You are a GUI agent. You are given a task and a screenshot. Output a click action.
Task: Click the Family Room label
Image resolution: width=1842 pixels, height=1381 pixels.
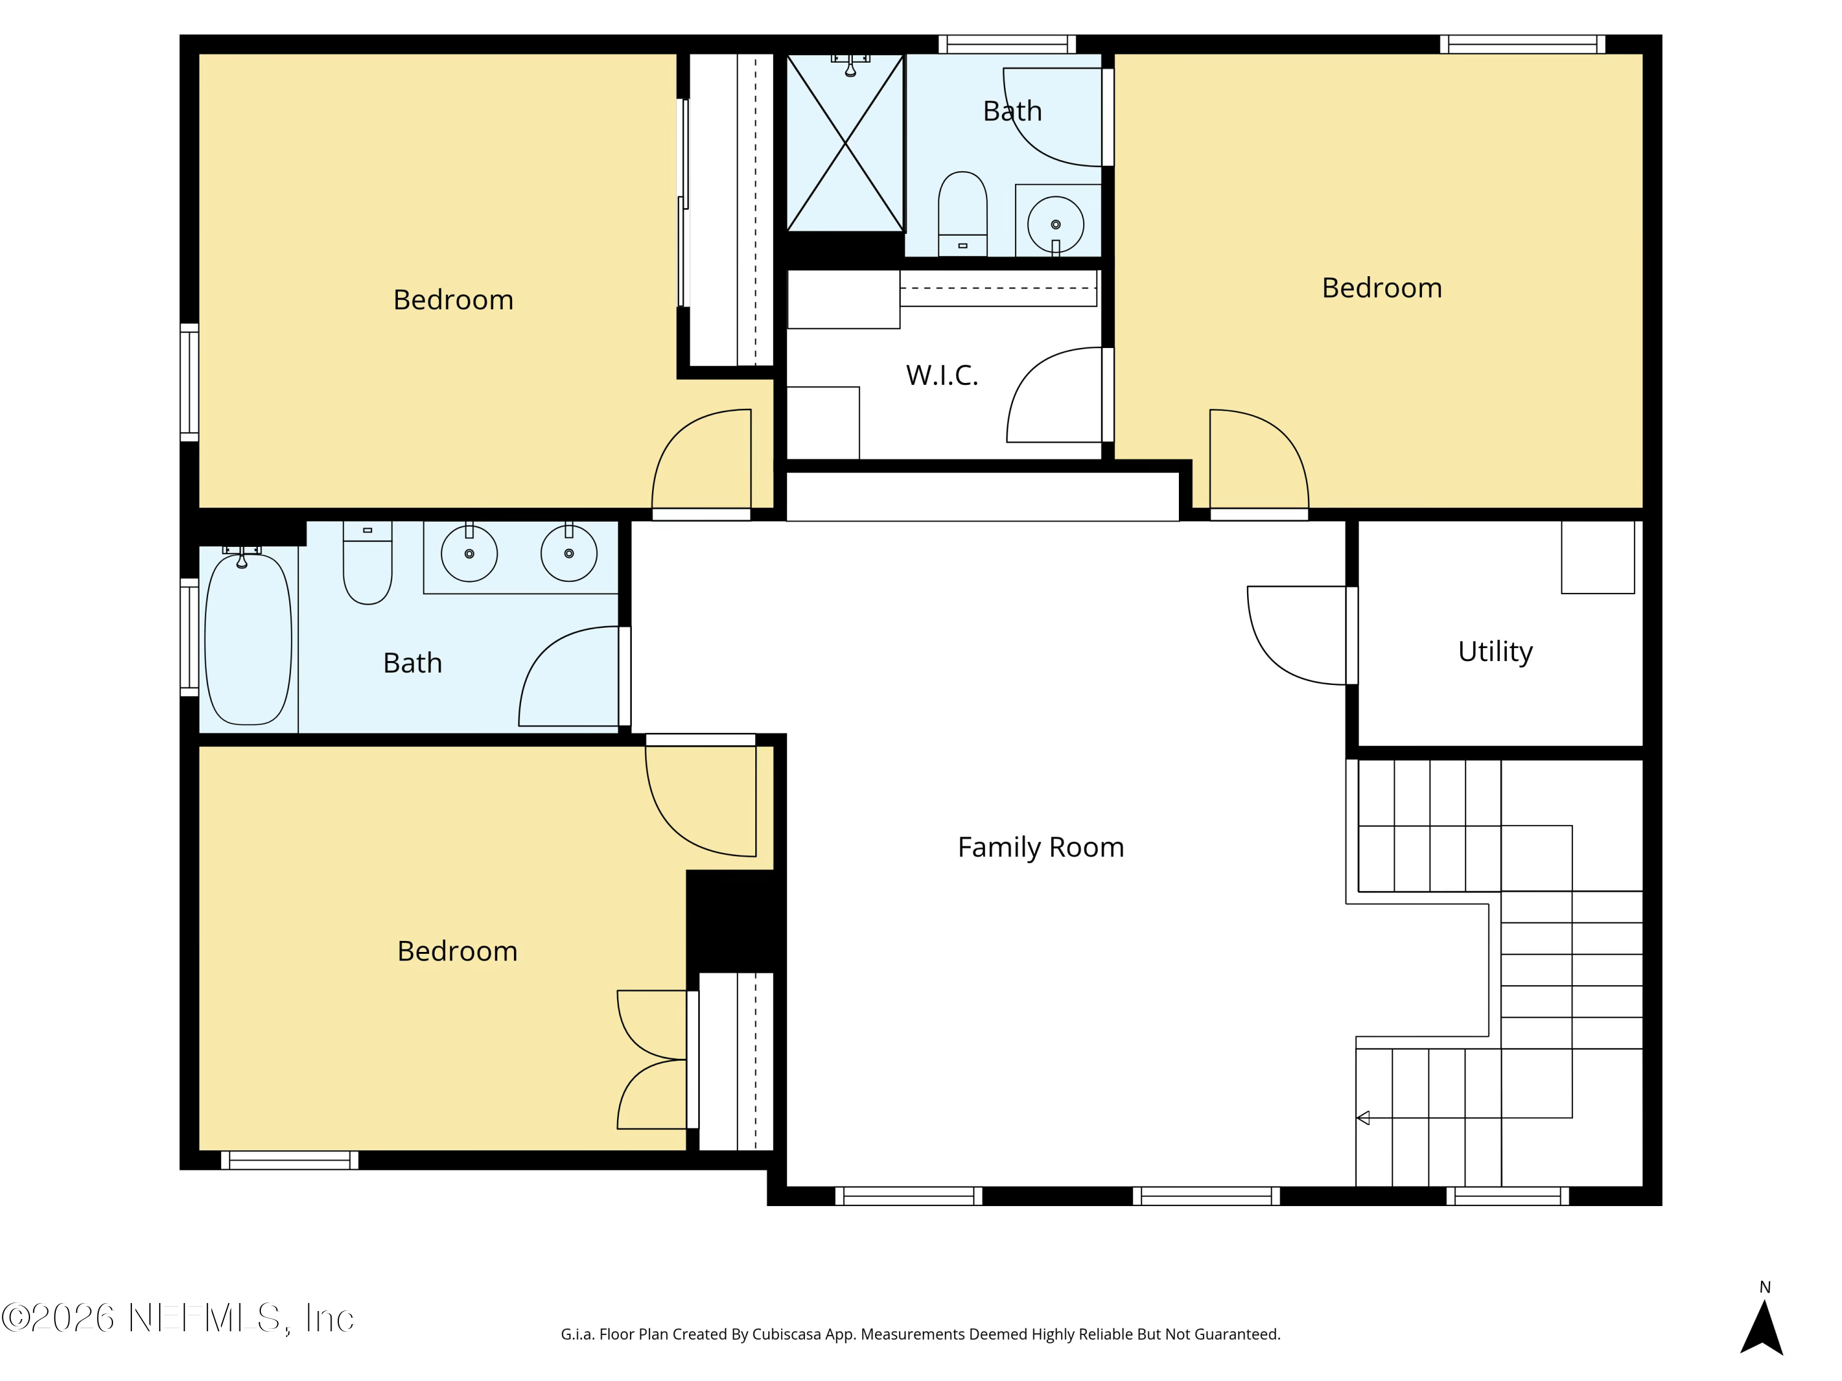[x=1040, y=848]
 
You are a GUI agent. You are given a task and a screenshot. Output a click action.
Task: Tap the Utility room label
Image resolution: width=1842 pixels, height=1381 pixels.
[x=1494, y=651]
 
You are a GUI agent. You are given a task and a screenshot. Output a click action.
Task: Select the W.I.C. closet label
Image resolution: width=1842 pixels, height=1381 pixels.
[x=942, y=376]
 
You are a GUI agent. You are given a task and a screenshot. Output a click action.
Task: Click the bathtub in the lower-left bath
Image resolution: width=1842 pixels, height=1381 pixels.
[x=248, y=640]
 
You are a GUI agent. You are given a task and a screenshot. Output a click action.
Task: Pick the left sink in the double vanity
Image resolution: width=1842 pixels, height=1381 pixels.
[x=469, y=554]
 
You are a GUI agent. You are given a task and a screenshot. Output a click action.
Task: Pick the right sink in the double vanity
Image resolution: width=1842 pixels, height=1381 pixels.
[x=569, y=554]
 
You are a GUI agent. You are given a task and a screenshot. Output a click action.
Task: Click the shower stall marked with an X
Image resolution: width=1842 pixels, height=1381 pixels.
[x=845, y=143]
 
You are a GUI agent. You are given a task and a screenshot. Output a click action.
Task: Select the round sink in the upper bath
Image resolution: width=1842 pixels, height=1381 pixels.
[x=1055, y=225]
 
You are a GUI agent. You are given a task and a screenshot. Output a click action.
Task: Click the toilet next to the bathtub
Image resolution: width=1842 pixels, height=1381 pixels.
[x=367, y=563]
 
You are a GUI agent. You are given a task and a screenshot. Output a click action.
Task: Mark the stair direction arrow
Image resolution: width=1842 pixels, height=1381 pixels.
[x=1363, y=1118]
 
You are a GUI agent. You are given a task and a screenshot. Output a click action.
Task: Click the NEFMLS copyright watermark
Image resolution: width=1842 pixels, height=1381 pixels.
[x=177, y=1318]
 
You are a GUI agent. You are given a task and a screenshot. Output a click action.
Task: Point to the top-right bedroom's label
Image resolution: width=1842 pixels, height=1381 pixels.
[x=1381, y=288]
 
